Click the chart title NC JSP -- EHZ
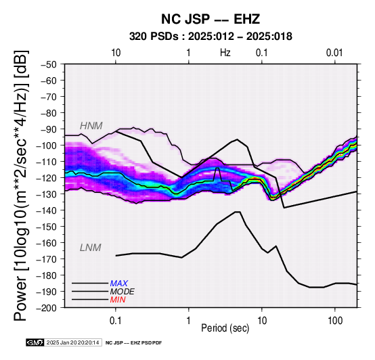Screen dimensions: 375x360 click(x=211, y=19)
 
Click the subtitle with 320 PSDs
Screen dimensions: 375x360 click(x=211, y=37)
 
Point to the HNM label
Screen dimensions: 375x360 click(x=91, y=126)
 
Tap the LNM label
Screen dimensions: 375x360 click(x=91, y=248)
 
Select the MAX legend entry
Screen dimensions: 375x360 click(x=119, y=284)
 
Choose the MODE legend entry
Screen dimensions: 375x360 click(x=123, y=292)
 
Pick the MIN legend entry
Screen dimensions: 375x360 click(x=118, y=300)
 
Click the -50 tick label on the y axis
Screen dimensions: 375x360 click(x=49, y=64)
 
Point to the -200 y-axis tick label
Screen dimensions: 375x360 click(x=47, y=308)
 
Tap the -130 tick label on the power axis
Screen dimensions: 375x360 click(x=47, y=194)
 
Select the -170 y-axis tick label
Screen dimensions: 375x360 click(x=47, y=259)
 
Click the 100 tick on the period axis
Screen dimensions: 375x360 click(x=335, y=321)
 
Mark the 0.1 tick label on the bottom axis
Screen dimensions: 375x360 click(x=116, y=321)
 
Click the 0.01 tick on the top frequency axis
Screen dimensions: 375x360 click(x=334, y=53)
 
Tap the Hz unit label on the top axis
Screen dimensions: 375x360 click(x=225, y=53)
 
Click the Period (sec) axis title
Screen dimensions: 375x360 click(x=225, y=328)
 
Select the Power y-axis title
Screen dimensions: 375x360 click(x=21, y=185)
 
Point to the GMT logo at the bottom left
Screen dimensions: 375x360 click(x=35, y=342)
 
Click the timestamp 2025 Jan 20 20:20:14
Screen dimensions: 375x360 click(x=72, y=342)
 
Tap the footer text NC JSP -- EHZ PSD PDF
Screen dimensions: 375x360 click(x=134, y=343)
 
